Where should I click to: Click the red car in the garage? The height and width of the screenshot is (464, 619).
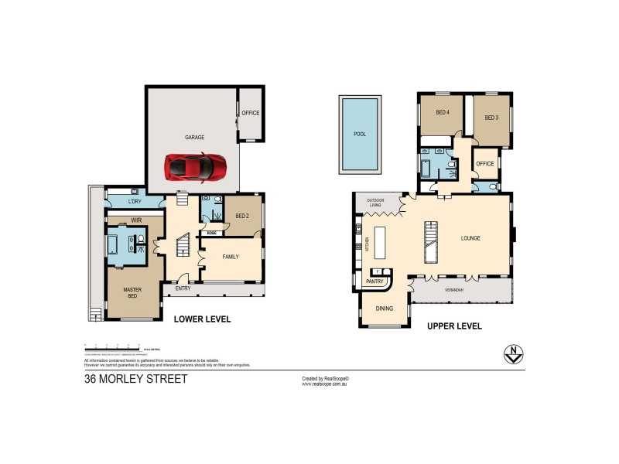(x=195, y=165)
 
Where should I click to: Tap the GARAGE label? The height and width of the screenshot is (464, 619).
(x=194, y=138)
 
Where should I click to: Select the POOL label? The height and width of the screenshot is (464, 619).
(x=359, y=134)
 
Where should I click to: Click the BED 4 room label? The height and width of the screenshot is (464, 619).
(x=443, y=112)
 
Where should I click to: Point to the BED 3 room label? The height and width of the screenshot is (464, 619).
(x=491, y=118)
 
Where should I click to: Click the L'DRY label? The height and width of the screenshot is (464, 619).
(x=135, y=203)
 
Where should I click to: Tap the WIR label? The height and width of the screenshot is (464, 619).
(x=135, y=220)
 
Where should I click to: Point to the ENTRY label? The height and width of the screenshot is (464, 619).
(x=183, y=288)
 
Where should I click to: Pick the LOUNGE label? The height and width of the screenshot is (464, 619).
(x=470, y=238)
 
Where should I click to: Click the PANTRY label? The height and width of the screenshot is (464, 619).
(x=375, y=281)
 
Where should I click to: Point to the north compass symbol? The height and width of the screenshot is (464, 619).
(x=511, y=354)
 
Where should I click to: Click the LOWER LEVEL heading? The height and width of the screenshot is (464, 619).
(x=202, y=319)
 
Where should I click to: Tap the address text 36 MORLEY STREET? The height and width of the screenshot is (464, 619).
(x=135, y=379)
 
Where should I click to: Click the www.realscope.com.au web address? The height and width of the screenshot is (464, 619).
(x=323, y=384)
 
